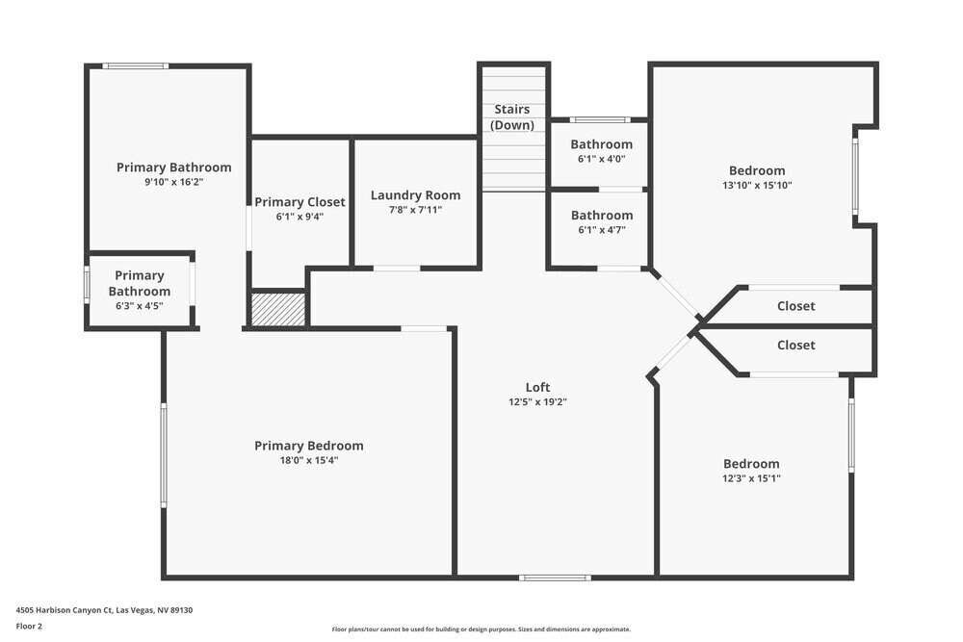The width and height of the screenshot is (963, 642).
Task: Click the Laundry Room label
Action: point(415,195)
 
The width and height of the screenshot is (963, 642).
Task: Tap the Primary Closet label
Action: point(299,202)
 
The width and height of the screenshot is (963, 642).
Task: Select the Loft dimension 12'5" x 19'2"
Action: point(537,402)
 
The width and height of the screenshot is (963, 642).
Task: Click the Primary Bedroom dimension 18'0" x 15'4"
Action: point(309,460)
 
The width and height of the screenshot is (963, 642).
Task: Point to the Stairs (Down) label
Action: point(512,117)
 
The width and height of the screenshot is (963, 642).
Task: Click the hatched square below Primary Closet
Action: point(278,309)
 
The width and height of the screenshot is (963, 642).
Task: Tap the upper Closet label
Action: point(795,306)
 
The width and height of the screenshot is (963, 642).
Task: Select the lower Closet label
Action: point(795,345)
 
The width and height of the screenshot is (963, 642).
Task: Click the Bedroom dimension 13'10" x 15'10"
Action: point(756,186)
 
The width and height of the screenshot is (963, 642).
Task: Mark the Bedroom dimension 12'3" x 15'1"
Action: point(751,478)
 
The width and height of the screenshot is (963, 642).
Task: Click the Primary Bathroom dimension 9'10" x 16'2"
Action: point(174,181)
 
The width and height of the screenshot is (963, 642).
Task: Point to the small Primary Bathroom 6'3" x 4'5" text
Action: point(140,306)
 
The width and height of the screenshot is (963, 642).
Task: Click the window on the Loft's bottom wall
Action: point(555,578)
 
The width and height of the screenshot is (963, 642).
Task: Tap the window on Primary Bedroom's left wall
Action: point(164,454)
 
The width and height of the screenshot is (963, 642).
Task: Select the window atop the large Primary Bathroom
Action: point(136,65)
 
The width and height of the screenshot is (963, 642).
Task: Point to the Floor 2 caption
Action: point(29,626)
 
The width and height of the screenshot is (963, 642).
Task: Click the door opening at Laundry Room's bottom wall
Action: point(396,268)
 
